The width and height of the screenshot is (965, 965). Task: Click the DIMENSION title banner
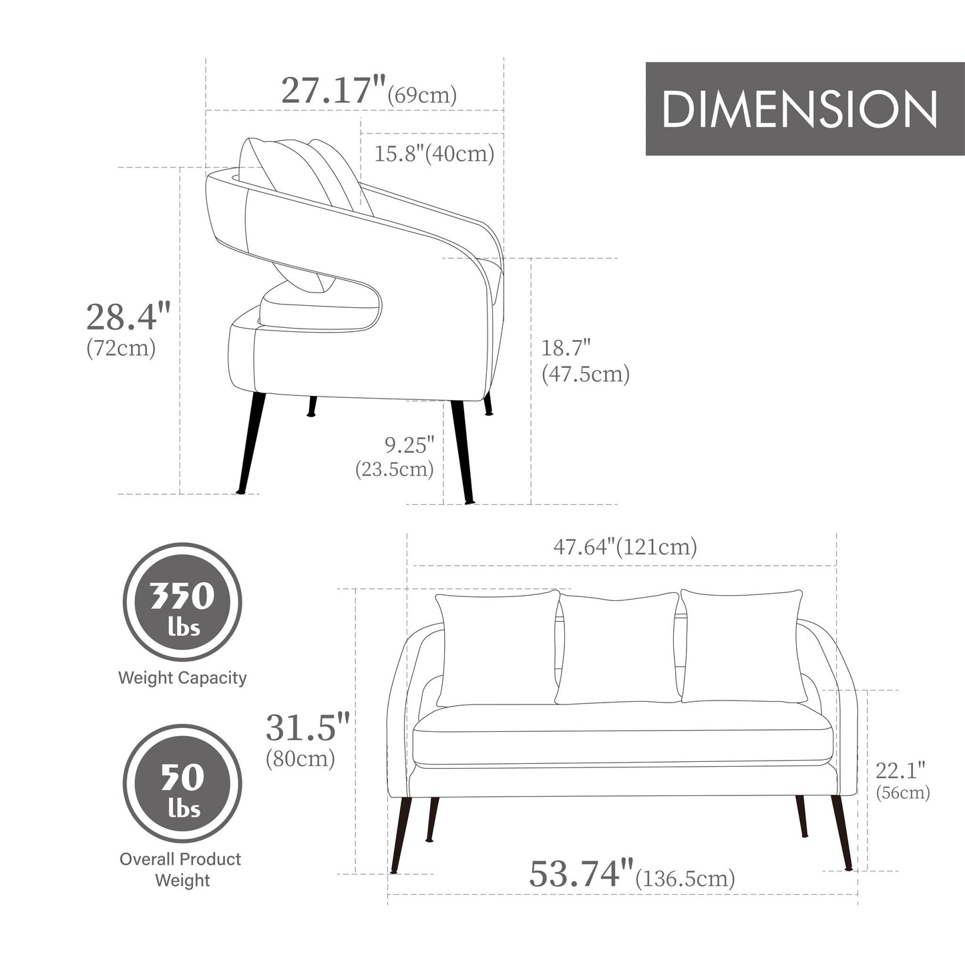point(799,109)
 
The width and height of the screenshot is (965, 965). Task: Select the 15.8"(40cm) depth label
point(434,154)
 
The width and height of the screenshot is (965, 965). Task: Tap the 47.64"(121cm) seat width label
point(625,547)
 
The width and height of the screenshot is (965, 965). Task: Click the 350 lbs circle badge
point(182,602)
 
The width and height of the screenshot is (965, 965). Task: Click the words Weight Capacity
point(182,678)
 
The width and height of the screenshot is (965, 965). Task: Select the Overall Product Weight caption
point(181,869)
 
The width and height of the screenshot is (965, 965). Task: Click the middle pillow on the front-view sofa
point(618,648)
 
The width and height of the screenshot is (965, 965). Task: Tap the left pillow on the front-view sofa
point(498,648)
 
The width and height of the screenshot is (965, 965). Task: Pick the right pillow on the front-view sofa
point(741,646)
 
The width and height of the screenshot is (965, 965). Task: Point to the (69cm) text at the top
point(423,95)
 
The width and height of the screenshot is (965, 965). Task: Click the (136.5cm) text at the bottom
point(685,878)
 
